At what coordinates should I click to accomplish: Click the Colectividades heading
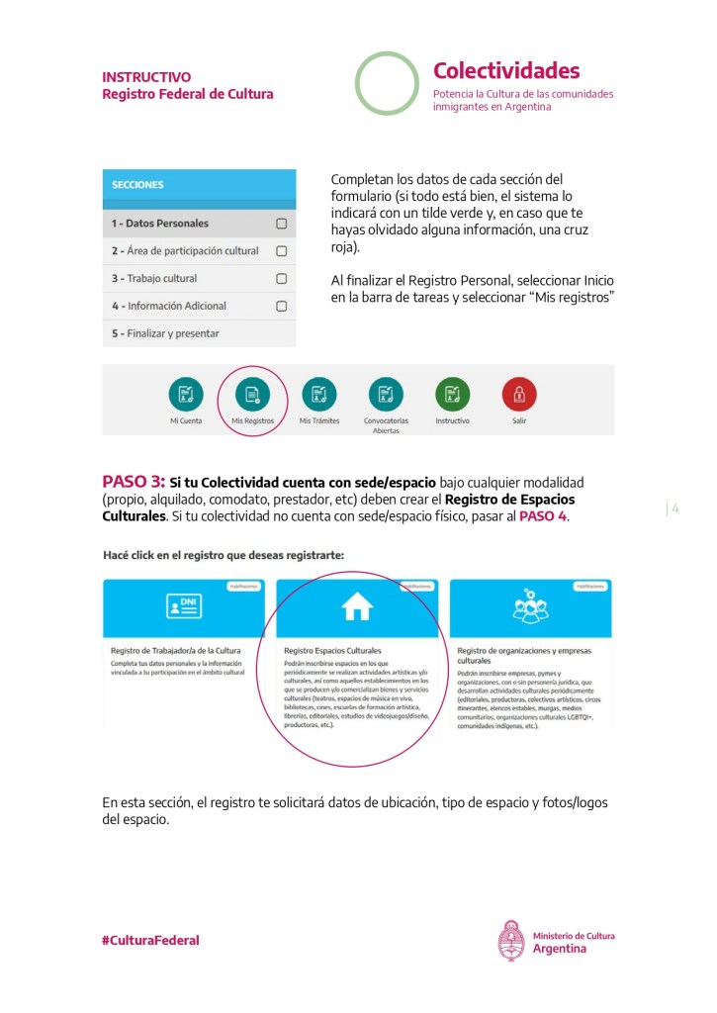click(x=506, y=71)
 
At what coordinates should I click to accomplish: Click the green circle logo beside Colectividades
click(x=388, y=84)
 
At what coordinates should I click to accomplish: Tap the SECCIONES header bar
click(x=199, y=185)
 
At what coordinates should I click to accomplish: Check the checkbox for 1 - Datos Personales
click(x=281, y=224)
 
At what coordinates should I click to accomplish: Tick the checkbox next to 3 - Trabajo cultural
click(x=281, y=279)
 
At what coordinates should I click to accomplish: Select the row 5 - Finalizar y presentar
click(x=199, y=333)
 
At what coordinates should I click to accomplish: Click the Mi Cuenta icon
click(x=186, y=394)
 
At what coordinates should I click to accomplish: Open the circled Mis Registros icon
click(x=252, y=394)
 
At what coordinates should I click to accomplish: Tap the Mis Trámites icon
click(x=318, y=394)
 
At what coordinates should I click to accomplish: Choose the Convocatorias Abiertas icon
click(x=386, y=394)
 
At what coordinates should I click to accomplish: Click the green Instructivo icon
click(x=452, y=394)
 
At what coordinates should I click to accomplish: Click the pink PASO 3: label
click(x=134, y=482)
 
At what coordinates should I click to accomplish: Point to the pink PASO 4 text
click(x=542, y=516)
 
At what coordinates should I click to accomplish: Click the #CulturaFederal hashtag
click(x=150, y=940)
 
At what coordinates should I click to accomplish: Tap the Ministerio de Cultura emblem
click(x=510, y=941)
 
